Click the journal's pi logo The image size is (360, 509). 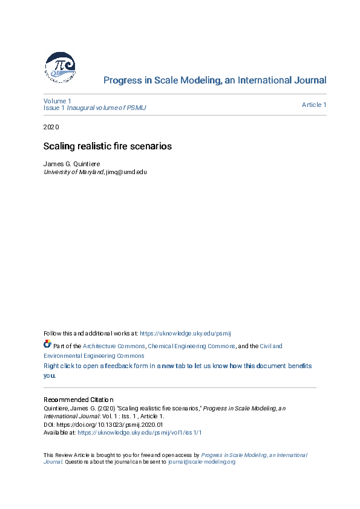point(59,67)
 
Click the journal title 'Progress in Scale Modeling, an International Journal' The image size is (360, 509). point(215,80)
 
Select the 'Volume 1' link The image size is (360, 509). point(57,100)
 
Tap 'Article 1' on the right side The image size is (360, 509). point(314,105)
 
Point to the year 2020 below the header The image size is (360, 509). point(51,127)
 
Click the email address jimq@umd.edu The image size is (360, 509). point(126,172)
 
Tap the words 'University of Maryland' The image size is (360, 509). point(73,172)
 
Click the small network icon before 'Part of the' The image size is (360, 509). point(47,345)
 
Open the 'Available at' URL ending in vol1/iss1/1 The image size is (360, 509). point(140,433)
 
